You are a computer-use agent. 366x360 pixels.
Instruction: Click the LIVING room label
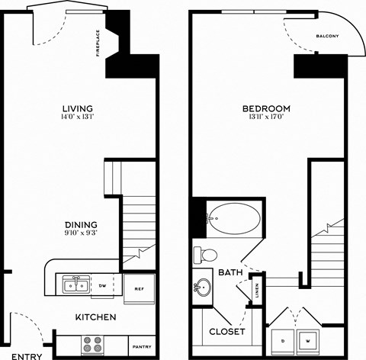tap(79, 108)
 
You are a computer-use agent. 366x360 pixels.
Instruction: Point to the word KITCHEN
tap(95, 317)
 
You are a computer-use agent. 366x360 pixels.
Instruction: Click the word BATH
tap(230, 272)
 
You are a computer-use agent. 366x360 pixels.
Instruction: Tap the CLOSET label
tap(227, 332)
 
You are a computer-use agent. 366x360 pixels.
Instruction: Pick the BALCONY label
tap(327, 36)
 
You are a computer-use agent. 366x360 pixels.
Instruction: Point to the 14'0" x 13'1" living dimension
tap(79, 117)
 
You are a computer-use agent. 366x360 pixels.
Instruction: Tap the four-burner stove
tap(93, 344)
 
